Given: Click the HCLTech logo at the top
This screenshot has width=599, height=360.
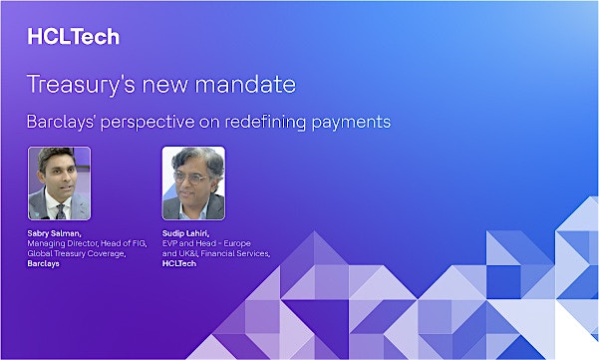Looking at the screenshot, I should coord(73,37).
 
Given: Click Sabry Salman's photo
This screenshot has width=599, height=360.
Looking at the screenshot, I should coord(59,183).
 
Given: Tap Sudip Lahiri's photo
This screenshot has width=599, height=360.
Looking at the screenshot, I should coord(193,183).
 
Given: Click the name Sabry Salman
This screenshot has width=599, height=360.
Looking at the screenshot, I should coord(55,232).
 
